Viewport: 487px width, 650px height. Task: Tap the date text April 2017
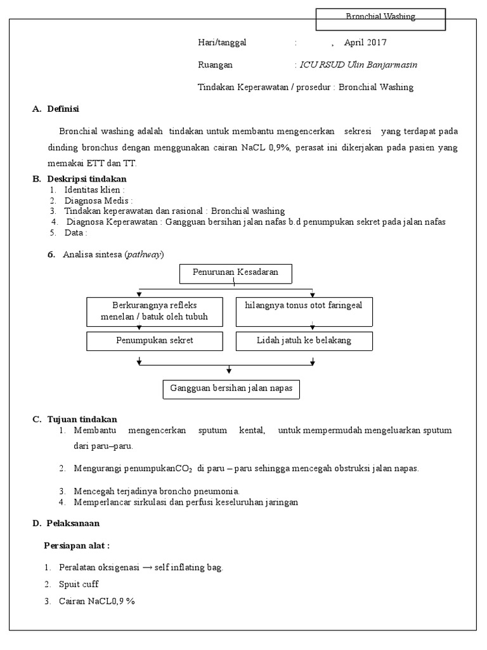pyautogui.click(x=365, y=43)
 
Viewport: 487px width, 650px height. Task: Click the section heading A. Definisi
pyautogui.click(x=56, y=109)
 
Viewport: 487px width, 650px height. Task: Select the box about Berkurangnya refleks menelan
pyautogui.click(x=155, y=310)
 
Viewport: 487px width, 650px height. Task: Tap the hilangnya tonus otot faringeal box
pyautogui.click(x=304, y=310)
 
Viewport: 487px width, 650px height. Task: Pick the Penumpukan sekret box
pyautogui.click(x=155, y=341)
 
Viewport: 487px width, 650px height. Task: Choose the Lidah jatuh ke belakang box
pyautogui.click(x=304, y=341)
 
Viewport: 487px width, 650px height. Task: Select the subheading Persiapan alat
pyautogui.click(x=77, y=545)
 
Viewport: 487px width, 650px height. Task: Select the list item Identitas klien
pyautogui.click(x=94, y=190)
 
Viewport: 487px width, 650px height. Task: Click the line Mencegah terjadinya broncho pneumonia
pyautogui.click(x=156, y=491)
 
